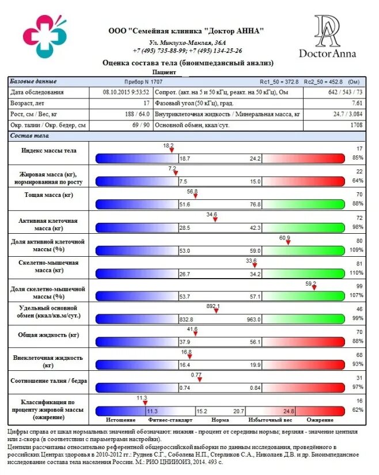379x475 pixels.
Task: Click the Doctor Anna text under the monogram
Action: [x=327, y=54]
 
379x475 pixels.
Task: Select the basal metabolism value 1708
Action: [x=356, y=124]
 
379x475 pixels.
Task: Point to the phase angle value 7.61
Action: [x=357, y=103]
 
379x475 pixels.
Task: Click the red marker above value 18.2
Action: [x=172, y=150]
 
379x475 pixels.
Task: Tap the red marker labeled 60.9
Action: [x=288, y=242]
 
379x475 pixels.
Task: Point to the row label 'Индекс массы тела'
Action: [x=48, y=150]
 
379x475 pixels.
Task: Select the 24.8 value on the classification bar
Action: [x=289, y=411]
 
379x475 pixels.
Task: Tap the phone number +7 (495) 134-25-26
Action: [x=216, y=51]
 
